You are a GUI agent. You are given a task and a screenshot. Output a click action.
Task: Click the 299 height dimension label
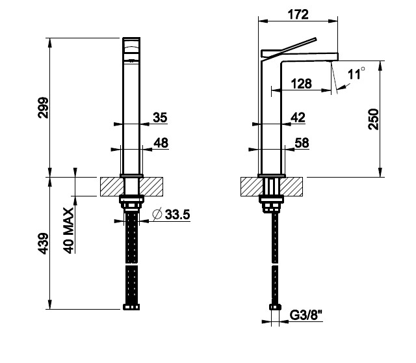pos(44,107)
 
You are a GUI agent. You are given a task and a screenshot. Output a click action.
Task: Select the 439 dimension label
pos(44,243)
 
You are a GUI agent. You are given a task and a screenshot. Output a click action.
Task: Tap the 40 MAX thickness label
pos(68,230)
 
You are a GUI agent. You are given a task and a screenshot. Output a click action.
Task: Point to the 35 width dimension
pos(160,117)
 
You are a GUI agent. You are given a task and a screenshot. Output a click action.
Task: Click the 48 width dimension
pos(161,143)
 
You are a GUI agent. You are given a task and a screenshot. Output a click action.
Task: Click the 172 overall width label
pos(298,14)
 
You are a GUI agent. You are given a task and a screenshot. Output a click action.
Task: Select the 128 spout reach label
pos(302,84)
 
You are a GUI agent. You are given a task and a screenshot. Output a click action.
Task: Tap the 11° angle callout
pos(356,74)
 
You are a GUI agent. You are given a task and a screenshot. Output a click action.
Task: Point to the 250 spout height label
pos(374,119)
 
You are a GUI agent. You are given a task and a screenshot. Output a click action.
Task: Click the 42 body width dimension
pos(298,117)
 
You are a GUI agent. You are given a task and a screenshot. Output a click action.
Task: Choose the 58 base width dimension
pos(302,143)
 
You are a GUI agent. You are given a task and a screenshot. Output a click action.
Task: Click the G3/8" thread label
pos(305,316)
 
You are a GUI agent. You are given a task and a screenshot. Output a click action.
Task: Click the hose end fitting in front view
pos(131,307)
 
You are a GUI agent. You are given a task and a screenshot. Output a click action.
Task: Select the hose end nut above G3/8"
pos(275,307)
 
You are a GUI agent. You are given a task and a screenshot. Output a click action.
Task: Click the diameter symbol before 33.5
pos(157,215)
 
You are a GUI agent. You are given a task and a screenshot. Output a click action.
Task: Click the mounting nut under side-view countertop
pos(271,204)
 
